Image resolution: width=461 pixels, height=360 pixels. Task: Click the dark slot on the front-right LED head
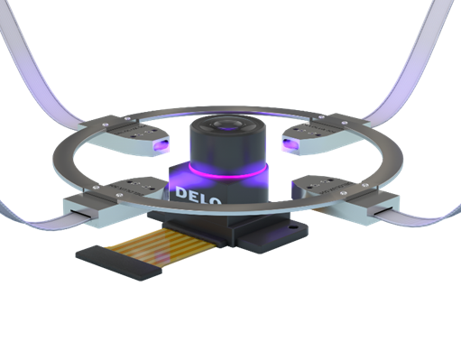(x=377, y=210)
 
